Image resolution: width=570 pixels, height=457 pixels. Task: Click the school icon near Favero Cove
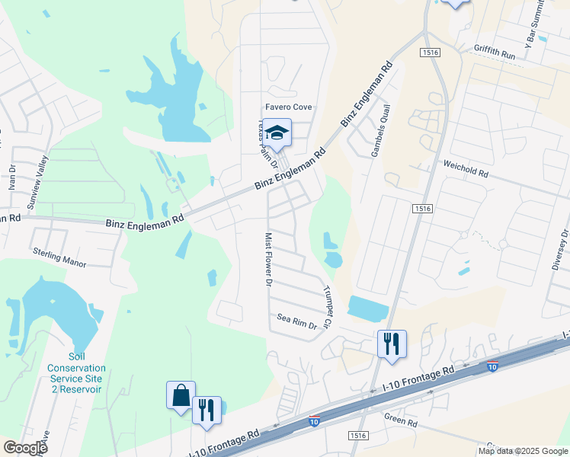279,132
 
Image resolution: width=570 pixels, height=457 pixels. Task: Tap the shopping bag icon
181,395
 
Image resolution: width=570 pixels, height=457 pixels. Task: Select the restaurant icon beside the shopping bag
207,410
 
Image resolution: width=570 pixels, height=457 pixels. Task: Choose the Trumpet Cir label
328,307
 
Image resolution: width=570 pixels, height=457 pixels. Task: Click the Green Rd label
401,420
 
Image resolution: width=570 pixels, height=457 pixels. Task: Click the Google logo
24,447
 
